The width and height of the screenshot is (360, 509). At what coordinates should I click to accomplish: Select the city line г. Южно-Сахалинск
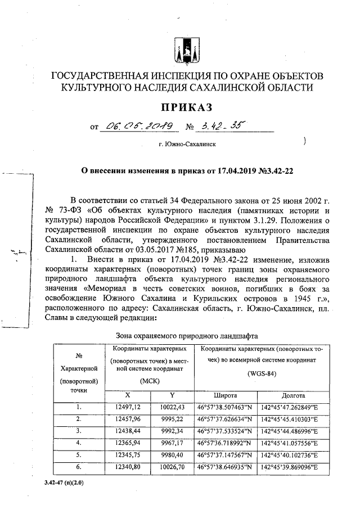tap(187, 144)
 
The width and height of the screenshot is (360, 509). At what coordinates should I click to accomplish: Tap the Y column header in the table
tap(172, 395)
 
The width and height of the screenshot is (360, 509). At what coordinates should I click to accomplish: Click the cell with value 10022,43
tap(172, 407)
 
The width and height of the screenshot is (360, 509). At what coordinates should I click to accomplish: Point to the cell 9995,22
tap(172, 419)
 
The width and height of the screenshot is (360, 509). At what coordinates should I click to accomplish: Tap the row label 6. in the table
tap(79, 467)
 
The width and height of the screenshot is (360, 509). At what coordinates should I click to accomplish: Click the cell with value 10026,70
tap(172, 467)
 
